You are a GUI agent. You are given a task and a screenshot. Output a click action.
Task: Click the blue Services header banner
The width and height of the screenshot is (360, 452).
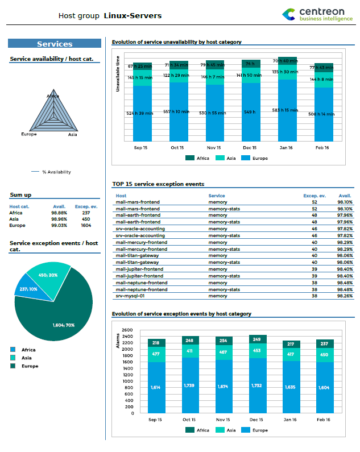[x=55, y=44]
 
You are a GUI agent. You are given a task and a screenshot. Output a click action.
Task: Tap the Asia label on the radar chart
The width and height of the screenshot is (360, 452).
[x=72, y=135]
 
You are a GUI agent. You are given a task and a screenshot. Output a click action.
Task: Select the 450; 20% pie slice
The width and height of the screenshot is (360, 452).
[x=48, y=275]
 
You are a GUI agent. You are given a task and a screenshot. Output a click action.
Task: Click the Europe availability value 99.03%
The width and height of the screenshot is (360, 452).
[x=59, y=225]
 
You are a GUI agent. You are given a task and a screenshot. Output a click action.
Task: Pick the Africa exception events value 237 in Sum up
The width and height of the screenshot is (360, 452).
[x=86, y=213]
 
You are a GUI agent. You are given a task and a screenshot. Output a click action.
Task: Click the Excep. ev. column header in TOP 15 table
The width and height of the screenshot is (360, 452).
[x=313, y=196]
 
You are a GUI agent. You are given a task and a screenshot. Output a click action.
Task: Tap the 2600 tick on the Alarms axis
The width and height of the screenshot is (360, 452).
[x=127, y=330]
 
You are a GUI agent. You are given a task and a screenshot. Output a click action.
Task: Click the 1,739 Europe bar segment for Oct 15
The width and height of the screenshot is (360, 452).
[x=190, y=385]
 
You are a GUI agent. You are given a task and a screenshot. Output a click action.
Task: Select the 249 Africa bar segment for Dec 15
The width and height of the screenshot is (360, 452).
[x=258, y=339]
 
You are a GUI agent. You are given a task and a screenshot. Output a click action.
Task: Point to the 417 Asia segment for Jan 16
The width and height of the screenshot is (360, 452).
[x=291, y=354]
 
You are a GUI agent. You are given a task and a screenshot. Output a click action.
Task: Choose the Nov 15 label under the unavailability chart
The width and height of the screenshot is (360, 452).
[x=214, y=147]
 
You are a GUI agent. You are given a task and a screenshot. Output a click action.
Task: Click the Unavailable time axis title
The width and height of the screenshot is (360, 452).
[x=118, y=74]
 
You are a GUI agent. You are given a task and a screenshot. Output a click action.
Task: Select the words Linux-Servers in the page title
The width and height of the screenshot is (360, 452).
[x=133, y=15]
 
